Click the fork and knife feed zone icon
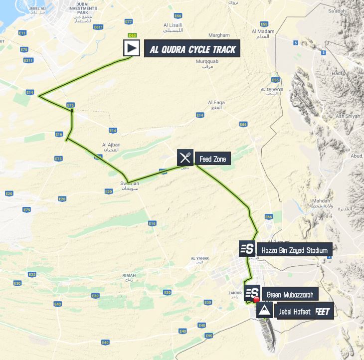pos(185,159)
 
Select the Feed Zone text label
pos(212,160)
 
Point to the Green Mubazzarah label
pos(290,295)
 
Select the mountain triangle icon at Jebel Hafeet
pos(264,312)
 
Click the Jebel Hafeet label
pos(292,312)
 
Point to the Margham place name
pos(219,35)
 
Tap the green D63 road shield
pos(132,35)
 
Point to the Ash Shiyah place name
pos(347,116)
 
